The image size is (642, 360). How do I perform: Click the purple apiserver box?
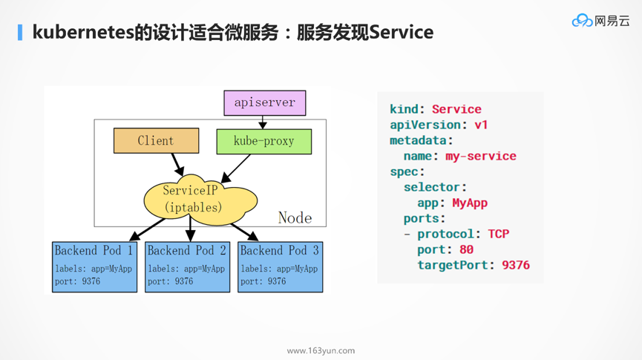264,102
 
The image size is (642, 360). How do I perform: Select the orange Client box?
156,140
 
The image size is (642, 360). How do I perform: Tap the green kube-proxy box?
263,141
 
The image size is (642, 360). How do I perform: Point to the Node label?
295,217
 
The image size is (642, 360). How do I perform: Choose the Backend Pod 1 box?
94,266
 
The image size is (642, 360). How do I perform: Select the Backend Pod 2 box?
187,266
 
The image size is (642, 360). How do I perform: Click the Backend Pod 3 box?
280,266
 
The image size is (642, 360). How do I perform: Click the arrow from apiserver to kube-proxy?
263,122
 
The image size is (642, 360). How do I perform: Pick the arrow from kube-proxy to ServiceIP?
237,168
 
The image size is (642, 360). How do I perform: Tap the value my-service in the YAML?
480,156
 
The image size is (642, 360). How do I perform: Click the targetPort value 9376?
515,265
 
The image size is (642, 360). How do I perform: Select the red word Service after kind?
456,109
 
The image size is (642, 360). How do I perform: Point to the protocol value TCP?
498,234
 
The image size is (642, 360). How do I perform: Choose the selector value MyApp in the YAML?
469,203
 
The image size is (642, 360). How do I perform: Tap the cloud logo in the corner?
582,21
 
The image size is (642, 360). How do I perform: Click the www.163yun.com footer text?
321,350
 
